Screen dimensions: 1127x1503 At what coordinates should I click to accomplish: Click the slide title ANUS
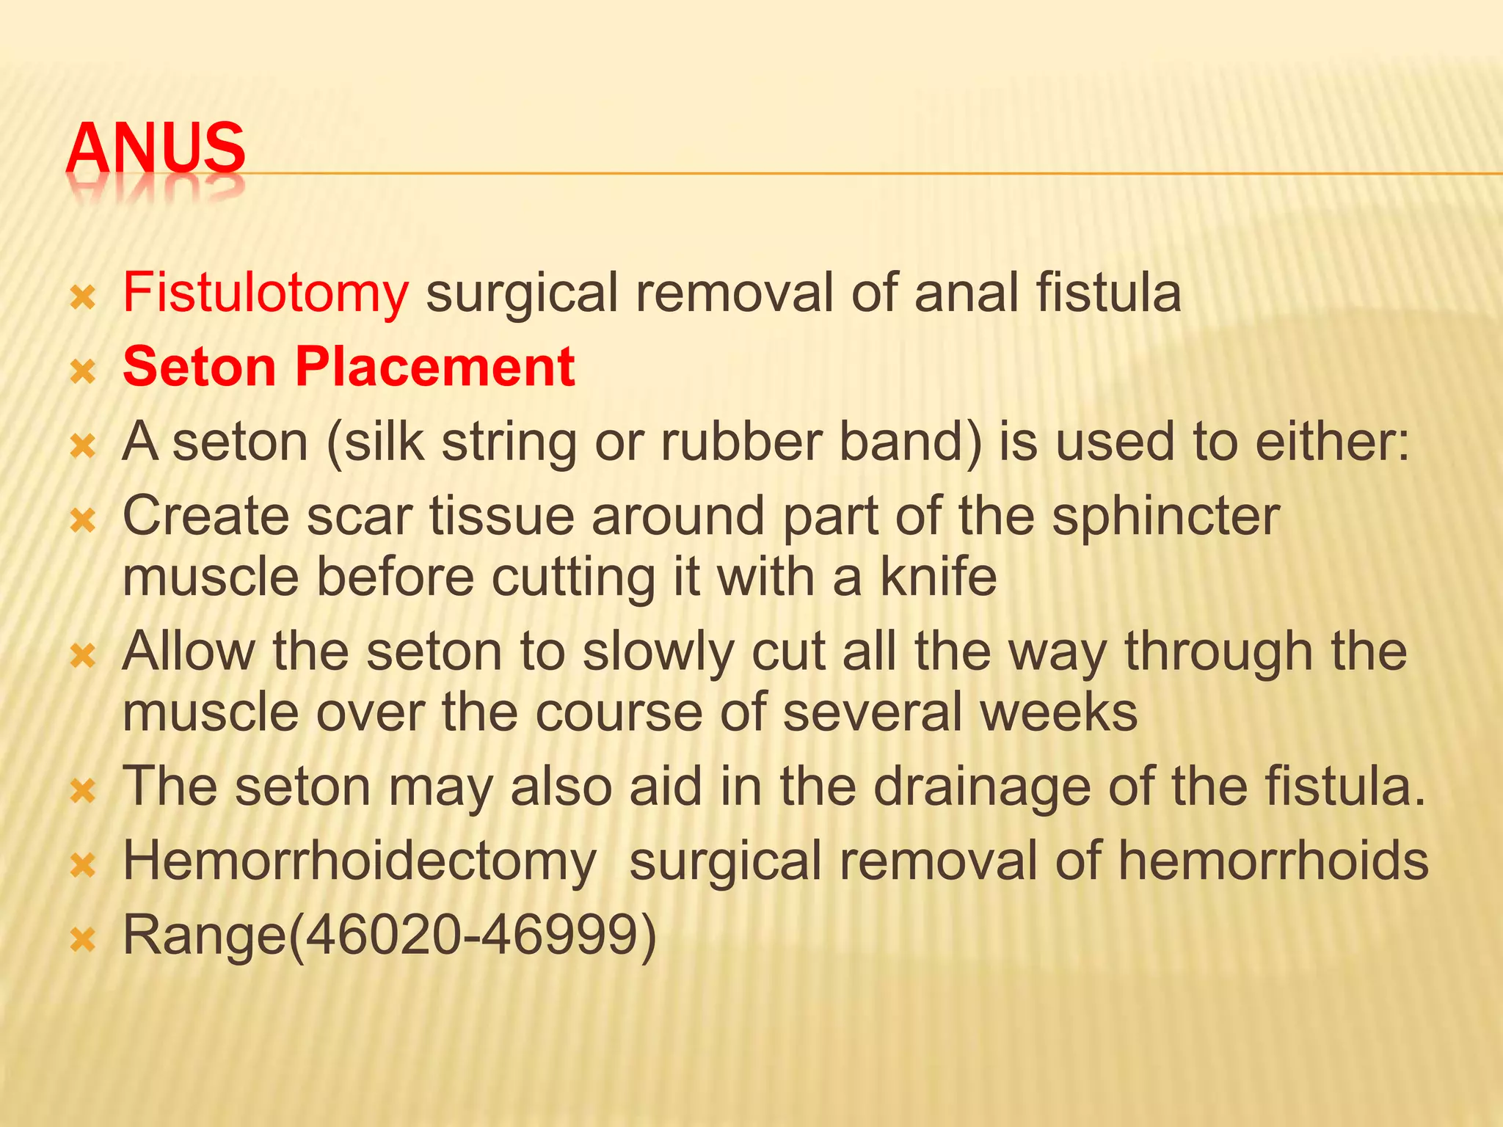(x=156, y=149)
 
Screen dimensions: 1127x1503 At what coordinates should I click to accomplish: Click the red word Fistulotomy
(x=265, y=293)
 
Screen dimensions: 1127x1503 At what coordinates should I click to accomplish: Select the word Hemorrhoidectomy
(x=360, y=861)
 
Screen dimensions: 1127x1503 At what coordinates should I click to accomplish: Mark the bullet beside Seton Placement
(x=83, y=371)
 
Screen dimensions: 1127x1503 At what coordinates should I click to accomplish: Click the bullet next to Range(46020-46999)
(x=83, y=940)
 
